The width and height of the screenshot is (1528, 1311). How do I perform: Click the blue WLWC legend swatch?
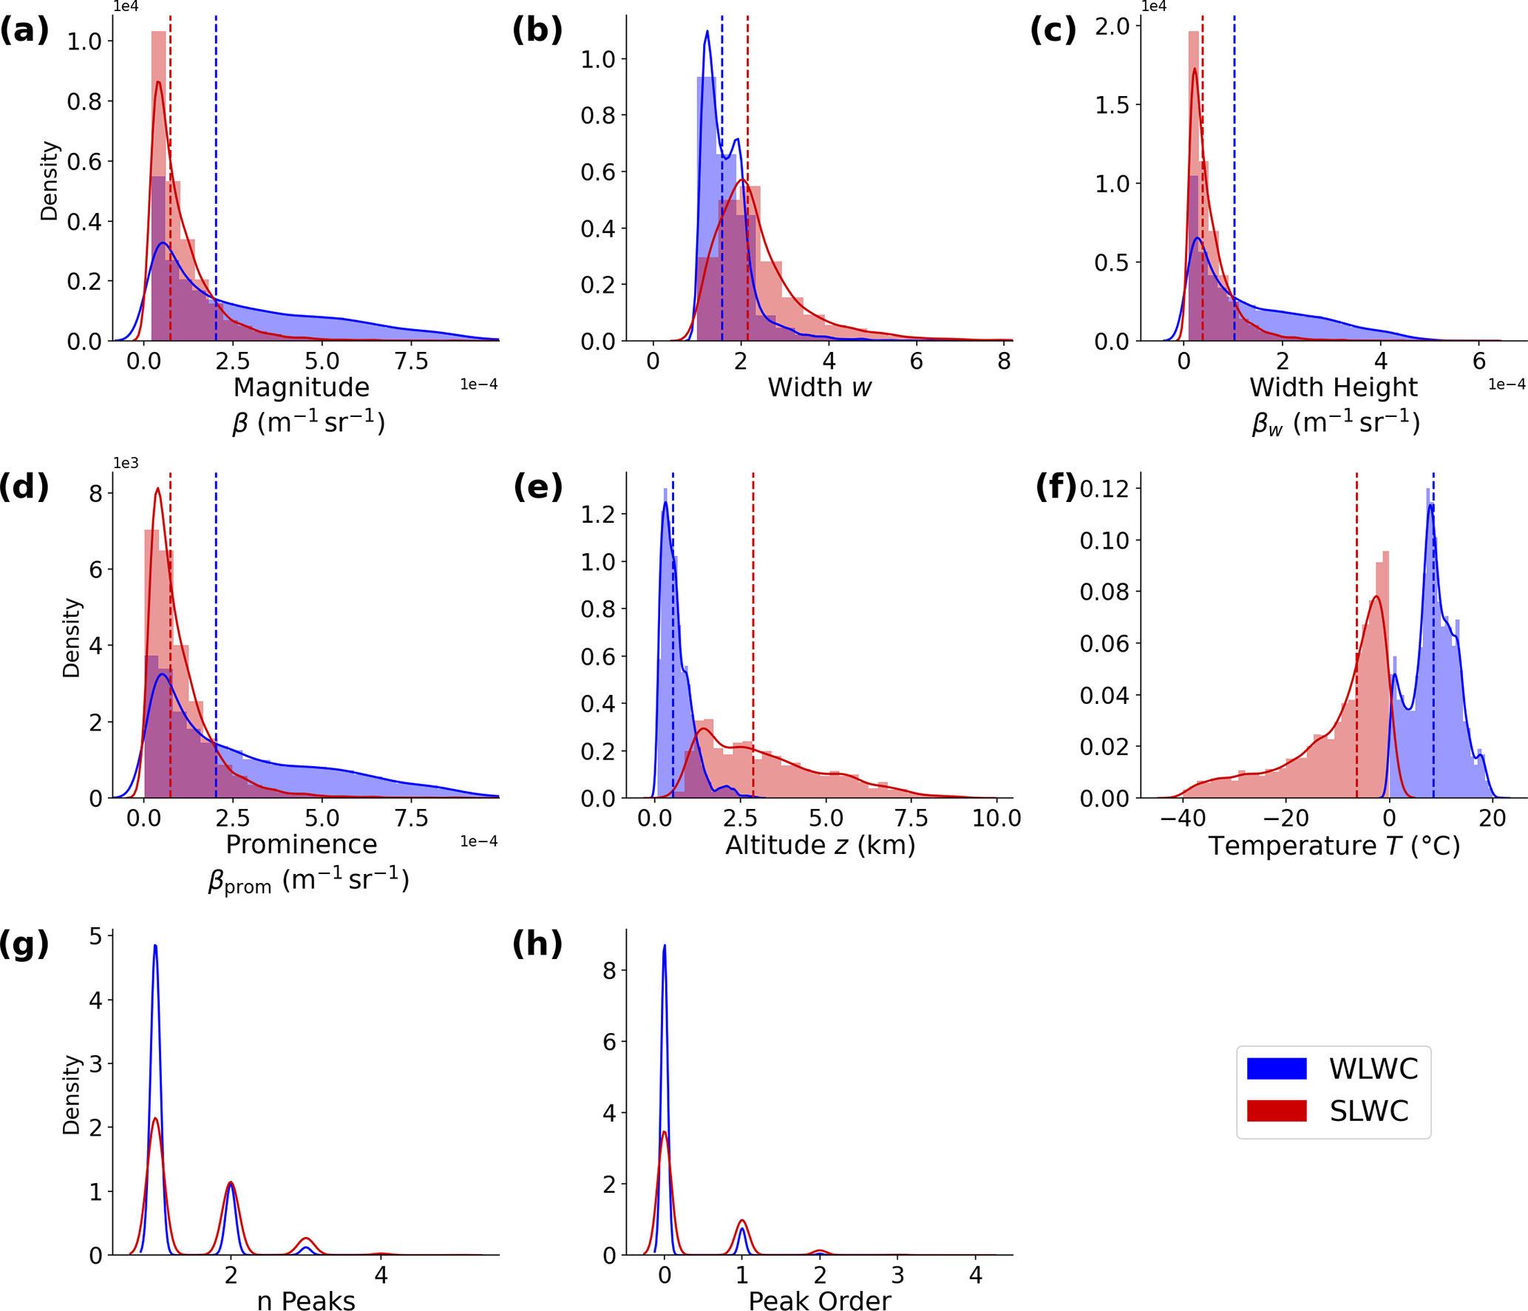click(1276, 1068)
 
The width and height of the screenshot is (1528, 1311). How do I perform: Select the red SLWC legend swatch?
click(1276, 1111)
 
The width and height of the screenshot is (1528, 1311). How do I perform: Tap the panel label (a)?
click(24, 31)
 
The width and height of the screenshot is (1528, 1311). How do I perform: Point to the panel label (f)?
click(1056, 487)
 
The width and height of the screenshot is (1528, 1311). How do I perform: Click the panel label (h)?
click(537, 944)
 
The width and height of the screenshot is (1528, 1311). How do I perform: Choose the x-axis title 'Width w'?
click(819, 387)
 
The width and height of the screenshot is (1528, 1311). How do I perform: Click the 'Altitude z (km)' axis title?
click(820, 844)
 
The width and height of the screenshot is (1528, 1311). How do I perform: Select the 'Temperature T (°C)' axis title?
click(1334, 845)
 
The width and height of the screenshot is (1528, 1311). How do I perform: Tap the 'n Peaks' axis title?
click(305, 1301)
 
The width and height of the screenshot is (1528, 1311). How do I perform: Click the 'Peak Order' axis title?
click(819, 1301)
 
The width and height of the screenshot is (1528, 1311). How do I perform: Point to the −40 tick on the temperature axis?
click(1182, 819)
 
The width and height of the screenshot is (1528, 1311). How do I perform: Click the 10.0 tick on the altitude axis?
click(996, 819)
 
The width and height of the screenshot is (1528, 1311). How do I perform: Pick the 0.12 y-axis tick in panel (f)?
click(1104, 489)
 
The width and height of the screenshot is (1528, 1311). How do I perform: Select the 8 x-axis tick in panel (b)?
click(1004, 362)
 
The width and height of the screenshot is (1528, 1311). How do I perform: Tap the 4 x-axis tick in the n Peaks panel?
click(381, 1275)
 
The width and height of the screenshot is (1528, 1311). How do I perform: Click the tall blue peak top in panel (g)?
click(155, 946)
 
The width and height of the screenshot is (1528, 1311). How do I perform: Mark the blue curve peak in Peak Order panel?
click(665, 946)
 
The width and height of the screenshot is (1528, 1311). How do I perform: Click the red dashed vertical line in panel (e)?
click(753, 629)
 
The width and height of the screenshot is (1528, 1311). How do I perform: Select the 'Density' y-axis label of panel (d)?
click(71, 637)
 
